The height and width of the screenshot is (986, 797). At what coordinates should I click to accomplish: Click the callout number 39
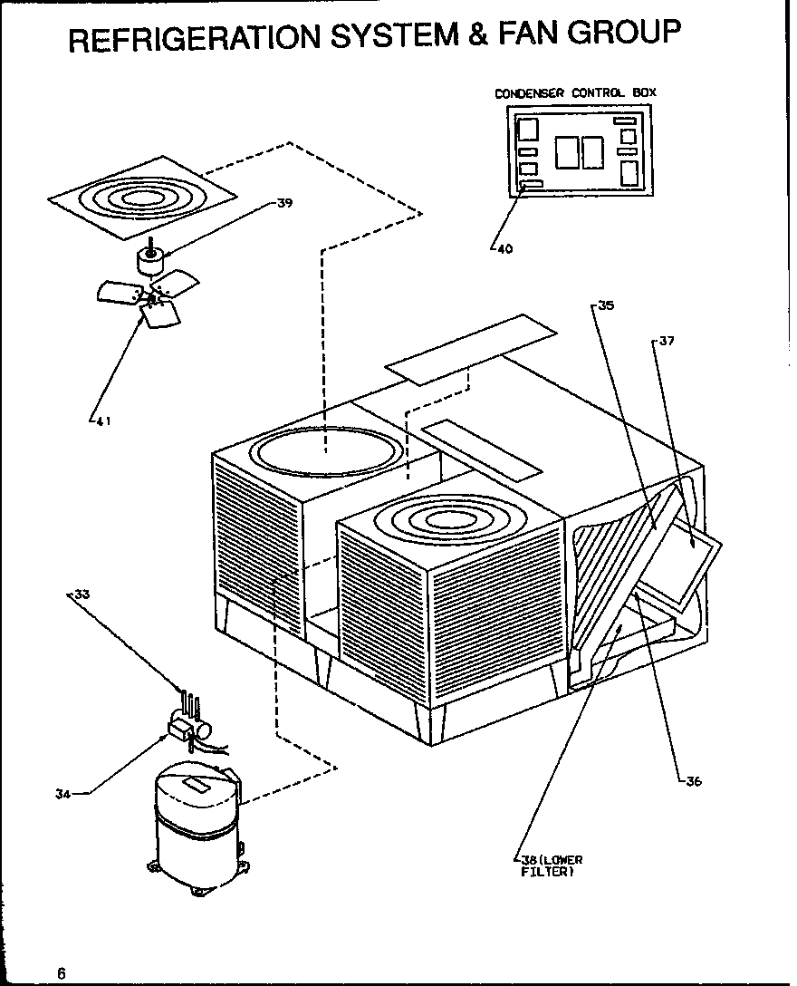284,204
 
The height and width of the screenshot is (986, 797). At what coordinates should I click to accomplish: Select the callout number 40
504,250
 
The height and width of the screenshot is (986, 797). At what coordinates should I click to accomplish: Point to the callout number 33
82,595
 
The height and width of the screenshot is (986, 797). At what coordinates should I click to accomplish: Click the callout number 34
62,795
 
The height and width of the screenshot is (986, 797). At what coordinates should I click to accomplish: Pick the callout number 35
606,306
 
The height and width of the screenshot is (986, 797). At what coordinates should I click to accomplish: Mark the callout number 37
667,342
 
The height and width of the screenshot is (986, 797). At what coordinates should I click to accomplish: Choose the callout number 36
693,782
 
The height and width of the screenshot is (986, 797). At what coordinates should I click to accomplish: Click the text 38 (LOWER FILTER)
551,865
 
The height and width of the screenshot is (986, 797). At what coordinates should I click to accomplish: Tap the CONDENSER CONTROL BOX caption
575,92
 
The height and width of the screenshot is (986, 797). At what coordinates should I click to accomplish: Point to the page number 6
61,973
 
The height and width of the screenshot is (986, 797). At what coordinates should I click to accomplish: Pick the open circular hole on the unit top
325,450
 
